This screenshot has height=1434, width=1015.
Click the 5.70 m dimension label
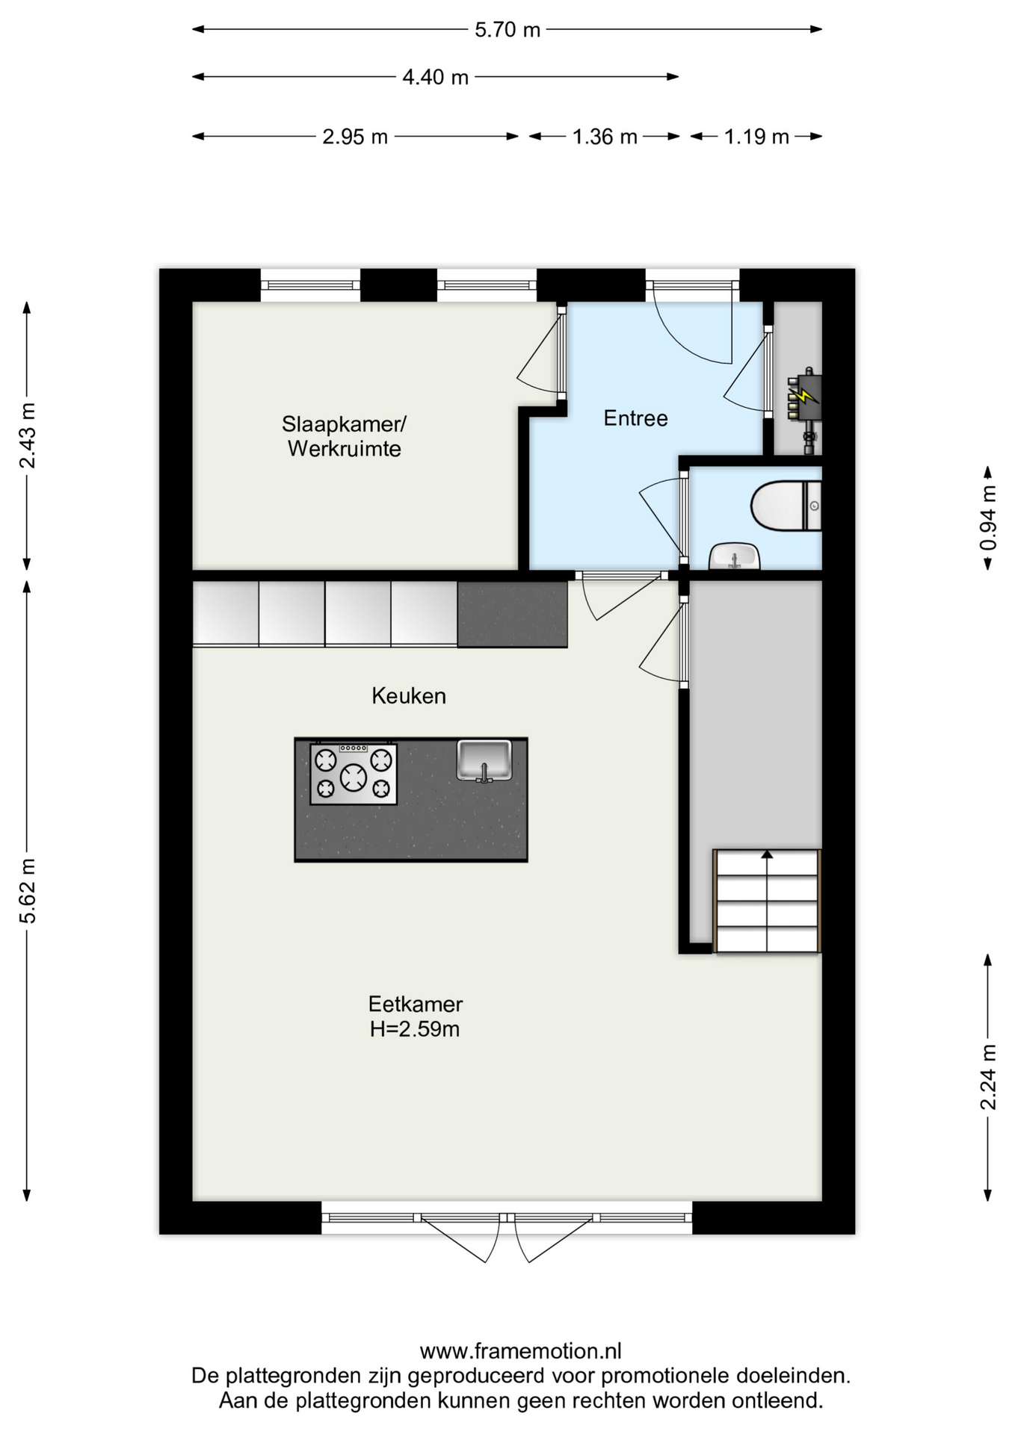[507, 30]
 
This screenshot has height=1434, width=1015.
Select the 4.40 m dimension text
[436, 77]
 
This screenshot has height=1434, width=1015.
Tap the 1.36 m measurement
[605, 137]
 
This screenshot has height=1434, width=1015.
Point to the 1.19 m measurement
[756, 137]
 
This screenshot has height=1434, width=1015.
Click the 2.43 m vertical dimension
[28, 435]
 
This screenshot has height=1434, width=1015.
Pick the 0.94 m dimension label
[988, 518]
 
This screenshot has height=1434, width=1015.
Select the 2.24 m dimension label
[988, 1078]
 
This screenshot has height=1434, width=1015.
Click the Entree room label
[635, 418]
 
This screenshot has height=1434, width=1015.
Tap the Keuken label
[409, 696]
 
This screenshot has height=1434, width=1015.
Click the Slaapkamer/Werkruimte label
[344, 436]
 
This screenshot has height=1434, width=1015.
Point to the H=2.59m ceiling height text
[415, 1029]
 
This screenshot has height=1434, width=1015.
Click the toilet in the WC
[786, 506]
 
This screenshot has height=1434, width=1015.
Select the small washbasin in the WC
[734, 556]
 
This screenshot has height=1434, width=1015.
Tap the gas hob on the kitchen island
[354, 774]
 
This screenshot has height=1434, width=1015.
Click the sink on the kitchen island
[484, 760]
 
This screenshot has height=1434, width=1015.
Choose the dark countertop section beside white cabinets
[512, 615]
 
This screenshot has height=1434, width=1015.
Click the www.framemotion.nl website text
[521, 1351]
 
